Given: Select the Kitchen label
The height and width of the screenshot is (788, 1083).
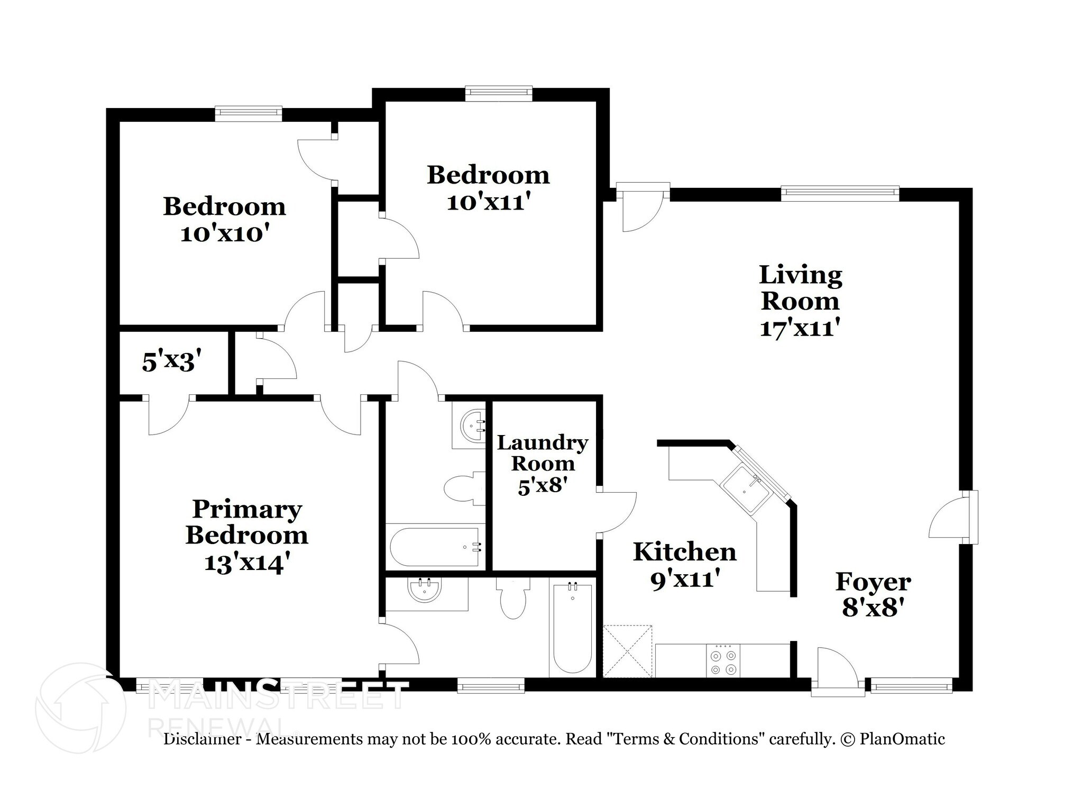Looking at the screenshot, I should (x=684, y=552).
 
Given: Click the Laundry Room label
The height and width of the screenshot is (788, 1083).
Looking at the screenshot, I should (x=543, y=453).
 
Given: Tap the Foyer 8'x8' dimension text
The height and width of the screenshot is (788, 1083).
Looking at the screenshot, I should (x=873, y=608).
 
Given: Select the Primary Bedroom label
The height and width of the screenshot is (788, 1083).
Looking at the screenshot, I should (x=246, y=522).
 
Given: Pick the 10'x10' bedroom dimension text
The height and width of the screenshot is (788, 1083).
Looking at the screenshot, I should (x=222, y=233).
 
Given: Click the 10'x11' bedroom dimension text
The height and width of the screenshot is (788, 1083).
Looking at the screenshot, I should (x=488, y=202).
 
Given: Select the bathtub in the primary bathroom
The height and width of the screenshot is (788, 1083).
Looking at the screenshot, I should (x=573, y=629).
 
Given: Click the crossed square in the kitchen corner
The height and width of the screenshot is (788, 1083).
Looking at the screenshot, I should (x=628, y=651).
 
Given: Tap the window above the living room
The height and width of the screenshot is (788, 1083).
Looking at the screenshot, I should (x=840, y=193).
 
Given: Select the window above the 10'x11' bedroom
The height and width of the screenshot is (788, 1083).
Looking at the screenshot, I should (x=498, y=94).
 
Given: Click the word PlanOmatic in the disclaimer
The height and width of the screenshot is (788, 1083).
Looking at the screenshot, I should (x=902, y=739).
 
